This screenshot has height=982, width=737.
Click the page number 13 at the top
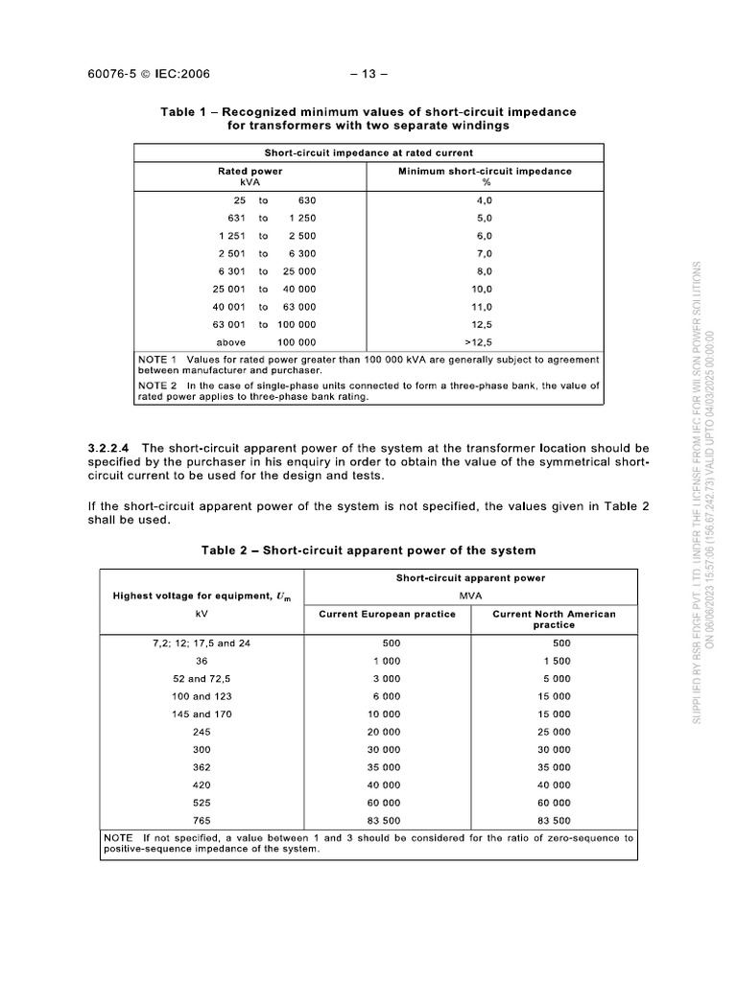pos(368,74)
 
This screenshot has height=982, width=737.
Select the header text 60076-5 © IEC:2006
pos(149,74)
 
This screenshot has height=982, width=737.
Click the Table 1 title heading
pos(368,119)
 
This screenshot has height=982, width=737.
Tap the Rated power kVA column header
pos(250,176)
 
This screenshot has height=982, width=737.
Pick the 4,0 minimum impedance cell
pos(485,200)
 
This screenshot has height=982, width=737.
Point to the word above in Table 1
pos(231,342)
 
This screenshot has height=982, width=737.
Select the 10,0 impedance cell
pos(485,289)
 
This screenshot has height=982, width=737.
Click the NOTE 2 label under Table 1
pos(157,386)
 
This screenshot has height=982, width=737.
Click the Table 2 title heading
pos(368,550)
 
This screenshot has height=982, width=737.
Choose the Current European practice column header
pos(387,614)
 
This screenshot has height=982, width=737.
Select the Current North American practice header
pos(554,620)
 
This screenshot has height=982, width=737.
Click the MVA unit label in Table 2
pos(470,596)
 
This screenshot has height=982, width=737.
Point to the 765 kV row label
pos(202,820)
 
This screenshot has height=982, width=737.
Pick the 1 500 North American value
pos(556,661)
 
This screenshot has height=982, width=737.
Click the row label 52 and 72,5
pos(202,679)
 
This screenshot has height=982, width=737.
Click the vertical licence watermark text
pos(704,489)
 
